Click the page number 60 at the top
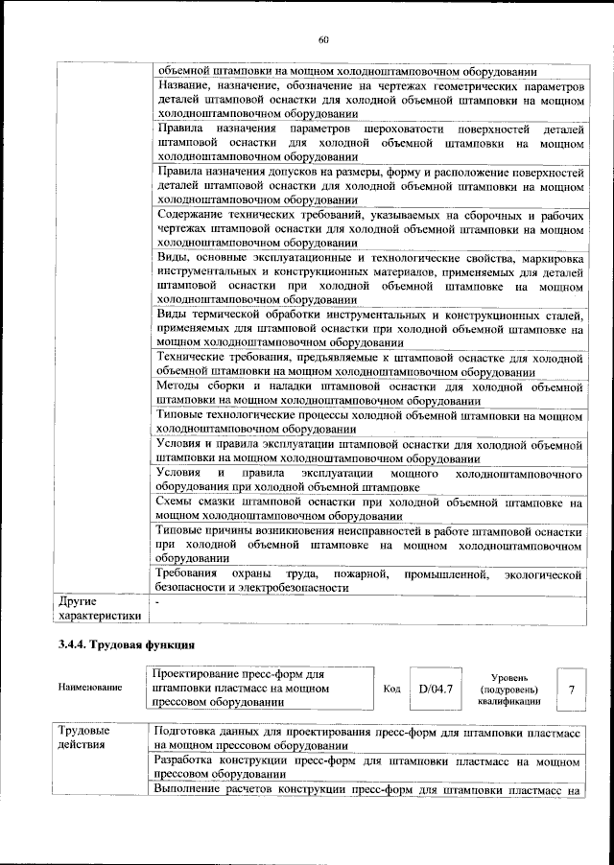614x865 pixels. point(323,39)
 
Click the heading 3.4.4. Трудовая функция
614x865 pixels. point(128,644)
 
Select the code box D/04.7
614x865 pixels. point(435,689)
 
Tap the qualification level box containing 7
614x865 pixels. point(573,689)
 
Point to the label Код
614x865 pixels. point(392,689)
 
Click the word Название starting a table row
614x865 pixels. point(180,86)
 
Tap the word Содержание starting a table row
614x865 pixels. point(188,217)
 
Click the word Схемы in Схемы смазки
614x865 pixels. point(175,502)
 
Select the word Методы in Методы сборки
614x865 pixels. point(177,386)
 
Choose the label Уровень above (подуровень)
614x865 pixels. point(508,677)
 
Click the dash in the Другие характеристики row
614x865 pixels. point(157,601)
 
